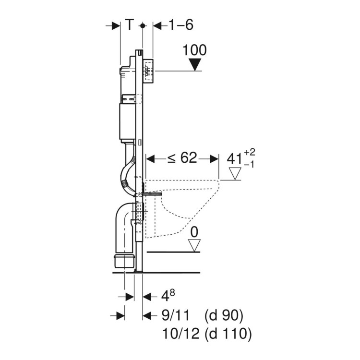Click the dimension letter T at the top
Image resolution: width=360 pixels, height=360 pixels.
tap(129, 24)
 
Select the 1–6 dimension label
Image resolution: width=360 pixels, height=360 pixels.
tap(180, 24)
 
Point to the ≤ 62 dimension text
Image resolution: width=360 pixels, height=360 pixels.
tap(182, 158)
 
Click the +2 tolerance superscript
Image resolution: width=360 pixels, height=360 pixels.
tap(249, 152)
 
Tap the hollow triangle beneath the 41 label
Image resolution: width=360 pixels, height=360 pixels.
tap(235, 173)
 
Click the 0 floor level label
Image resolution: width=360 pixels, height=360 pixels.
tap(194, 232)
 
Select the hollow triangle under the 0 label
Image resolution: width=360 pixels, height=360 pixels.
tap(194, 245)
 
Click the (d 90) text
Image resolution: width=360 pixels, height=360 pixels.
tap(224, 315)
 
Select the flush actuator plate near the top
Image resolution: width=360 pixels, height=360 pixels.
tap(148, 72)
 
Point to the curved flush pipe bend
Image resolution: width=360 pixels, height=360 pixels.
tap(126, 176)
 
